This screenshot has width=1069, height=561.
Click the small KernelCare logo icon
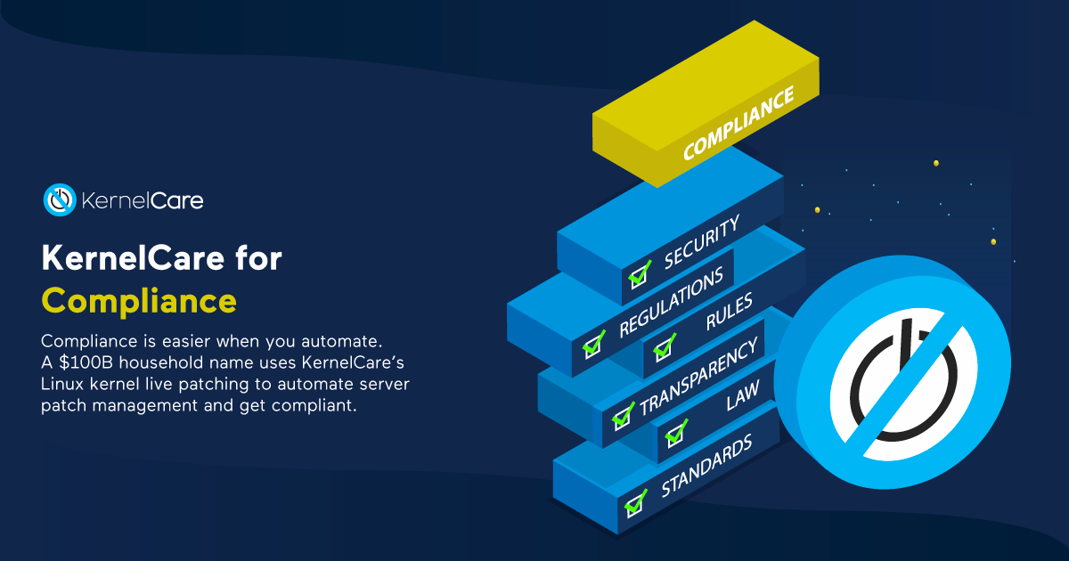(x=60, y=199)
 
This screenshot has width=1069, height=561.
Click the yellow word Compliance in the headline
(x=139, y=302)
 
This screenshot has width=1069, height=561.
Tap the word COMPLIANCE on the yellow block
(x=739, y=123)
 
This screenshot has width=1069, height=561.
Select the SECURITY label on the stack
(x=702, y=241)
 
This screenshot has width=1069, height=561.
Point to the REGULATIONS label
(x=671, y=302)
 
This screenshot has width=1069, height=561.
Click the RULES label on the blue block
(x=730, y=311)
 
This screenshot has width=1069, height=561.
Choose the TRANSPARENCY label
(x=698, y=376)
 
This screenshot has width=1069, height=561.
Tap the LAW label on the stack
(x=743, y=396)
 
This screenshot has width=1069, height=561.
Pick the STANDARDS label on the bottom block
(x=706, y=465)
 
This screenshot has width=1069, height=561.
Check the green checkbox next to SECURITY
(x=640, y=275)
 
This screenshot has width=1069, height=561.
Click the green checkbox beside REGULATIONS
(x=593, y=345)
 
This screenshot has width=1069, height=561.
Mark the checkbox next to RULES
(x=664, y=347)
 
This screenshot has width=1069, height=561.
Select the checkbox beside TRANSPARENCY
(x=623, y=416)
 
